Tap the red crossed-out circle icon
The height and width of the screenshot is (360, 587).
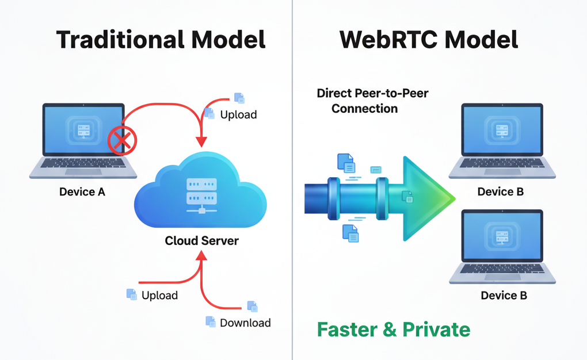121,140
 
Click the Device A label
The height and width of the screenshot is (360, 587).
82,192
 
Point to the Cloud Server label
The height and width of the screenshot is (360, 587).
201,240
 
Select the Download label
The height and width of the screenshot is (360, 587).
245,323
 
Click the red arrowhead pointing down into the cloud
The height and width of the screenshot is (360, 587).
201,141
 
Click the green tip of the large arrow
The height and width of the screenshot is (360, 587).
446,198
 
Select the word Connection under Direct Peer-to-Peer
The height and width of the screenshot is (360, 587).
364,108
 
